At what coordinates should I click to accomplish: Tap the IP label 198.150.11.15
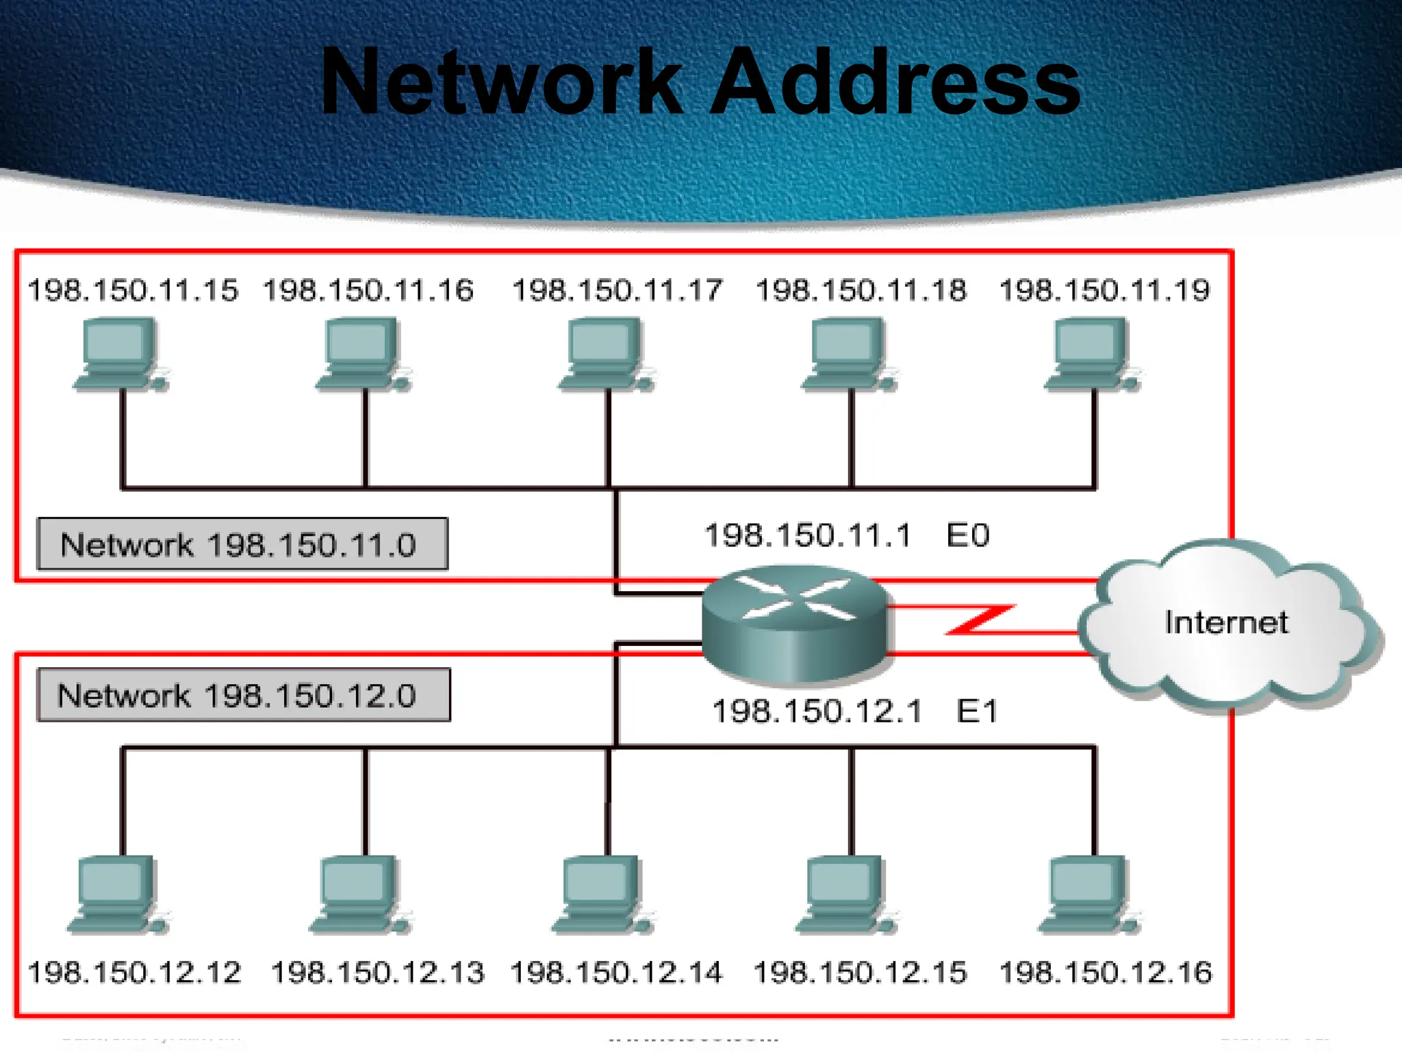tap(133, 290)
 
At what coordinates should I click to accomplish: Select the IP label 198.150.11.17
tap(617, 290)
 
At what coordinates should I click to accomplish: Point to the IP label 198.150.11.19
tap(1104, 290)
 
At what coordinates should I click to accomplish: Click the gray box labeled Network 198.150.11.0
tap(242, 544)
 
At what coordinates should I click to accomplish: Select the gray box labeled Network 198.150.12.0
tap(244, 695)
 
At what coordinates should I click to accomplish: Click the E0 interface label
tap(967, 536)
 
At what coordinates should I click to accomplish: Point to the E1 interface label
tap(977, 712)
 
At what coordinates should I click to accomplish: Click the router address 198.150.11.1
tap(808, 536)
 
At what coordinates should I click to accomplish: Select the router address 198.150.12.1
tap(817, 712)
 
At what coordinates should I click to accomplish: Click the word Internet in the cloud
tap(1226, 623)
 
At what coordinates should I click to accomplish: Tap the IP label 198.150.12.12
tap(134, 973)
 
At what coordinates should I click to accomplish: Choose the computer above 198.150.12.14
tap(602, 894)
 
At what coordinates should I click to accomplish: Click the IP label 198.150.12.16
tap(1105, 973)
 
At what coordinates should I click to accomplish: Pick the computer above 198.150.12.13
tap(359, 894)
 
